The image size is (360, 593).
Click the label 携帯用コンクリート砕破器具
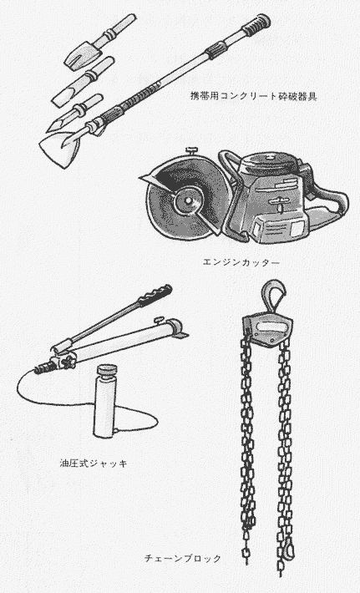tap(253, 96)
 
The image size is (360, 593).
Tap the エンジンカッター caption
tap(241, 261)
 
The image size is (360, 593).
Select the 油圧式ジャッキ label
tap(93, 463)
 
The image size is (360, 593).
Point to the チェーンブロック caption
tap(183, 558)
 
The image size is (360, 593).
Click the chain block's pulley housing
tap(267, 328)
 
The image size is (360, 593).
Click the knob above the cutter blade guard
tap(192, 151)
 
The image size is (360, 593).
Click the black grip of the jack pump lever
tap(155, 296)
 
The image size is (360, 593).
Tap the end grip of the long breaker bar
tap(256, 24)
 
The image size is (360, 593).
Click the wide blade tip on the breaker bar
tap(60, 148)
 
